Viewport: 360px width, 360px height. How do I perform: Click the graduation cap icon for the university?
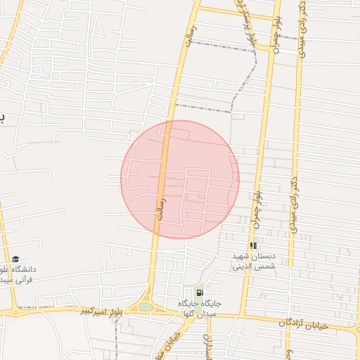click(16, 259)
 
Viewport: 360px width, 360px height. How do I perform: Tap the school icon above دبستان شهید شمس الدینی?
click(253, 245)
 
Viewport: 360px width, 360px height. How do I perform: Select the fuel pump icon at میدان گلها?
click(200, 292)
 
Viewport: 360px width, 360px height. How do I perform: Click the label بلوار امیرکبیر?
click(96, 309)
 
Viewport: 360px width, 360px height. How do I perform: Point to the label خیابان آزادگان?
click(285, 322)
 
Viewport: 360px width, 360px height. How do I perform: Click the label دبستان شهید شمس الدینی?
click(254, 262)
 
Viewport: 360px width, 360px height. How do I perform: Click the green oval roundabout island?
click(146, 307)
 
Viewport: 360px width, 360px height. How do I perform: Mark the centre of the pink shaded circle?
click(180, 179)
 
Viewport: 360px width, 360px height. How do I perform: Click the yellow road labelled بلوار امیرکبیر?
click(70, 309)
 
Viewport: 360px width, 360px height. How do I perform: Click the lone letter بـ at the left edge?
click(2, 117)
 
